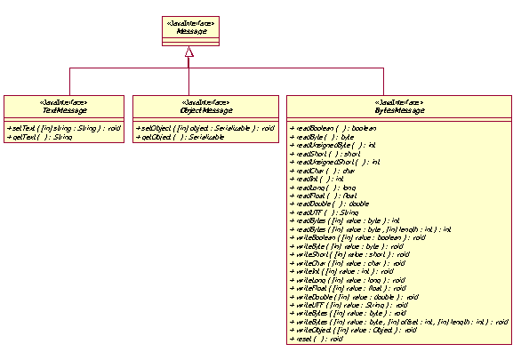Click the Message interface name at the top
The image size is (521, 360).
point(189,30)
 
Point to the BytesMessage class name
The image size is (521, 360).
point(400,109)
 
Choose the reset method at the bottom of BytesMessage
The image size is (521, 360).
point(317,338)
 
